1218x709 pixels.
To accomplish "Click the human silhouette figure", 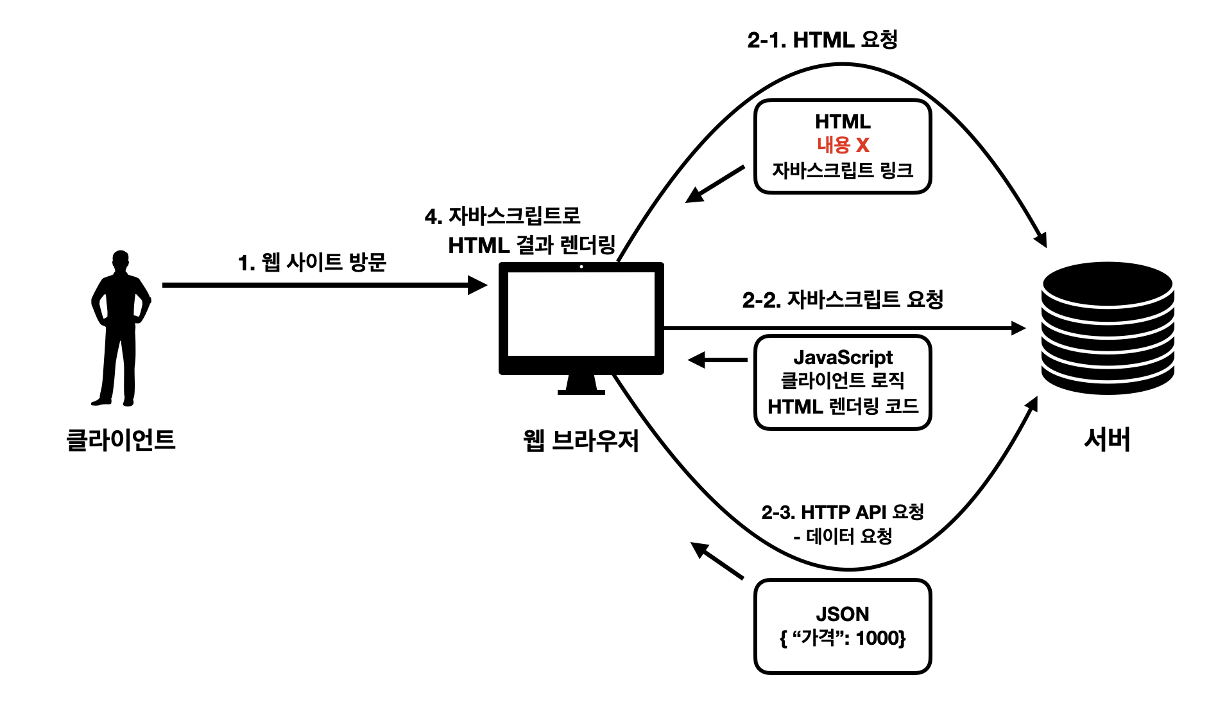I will click(x=121, y=328).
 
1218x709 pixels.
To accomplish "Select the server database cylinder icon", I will click(x=1107, y=328).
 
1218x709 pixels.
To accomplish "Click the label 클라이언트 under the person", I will click(x=121, y=440).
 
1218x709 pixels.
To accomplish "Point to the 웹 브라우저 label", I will click(x=581, y=441).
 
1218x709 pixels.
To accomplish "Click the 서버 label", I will click(x=1107, y=440).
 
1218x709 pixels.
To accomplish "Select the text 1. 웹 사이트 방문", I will click(x=312, y=262).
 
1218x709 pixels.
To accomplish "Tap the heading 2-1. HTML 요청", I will click(x=822, y=40).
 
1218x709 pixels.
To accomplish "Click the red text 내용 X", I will click(x=843, y=145).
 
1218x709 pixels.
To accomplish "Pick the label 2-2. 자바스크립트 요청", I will click(x=842, y=299).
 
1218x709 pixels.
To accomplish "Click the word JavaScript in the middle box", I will click(x=843, y=357).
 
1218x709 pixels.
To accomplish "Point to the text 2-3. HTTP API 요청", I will click(x=842, y=512).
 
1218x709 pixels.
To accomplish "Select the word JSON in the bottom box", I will click(x=842, y=614).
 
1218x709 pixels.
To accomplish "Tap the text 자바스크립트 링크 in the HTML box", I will click(x=842, y=170).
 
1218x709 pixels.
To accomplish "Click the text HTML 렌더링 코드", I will click(x=843, y=406).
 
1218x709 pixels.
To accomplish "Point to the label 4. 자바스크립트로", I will click(x=502, y=216).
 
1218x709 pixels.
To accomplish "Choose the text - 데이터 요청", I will click(x=842, y=536).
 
